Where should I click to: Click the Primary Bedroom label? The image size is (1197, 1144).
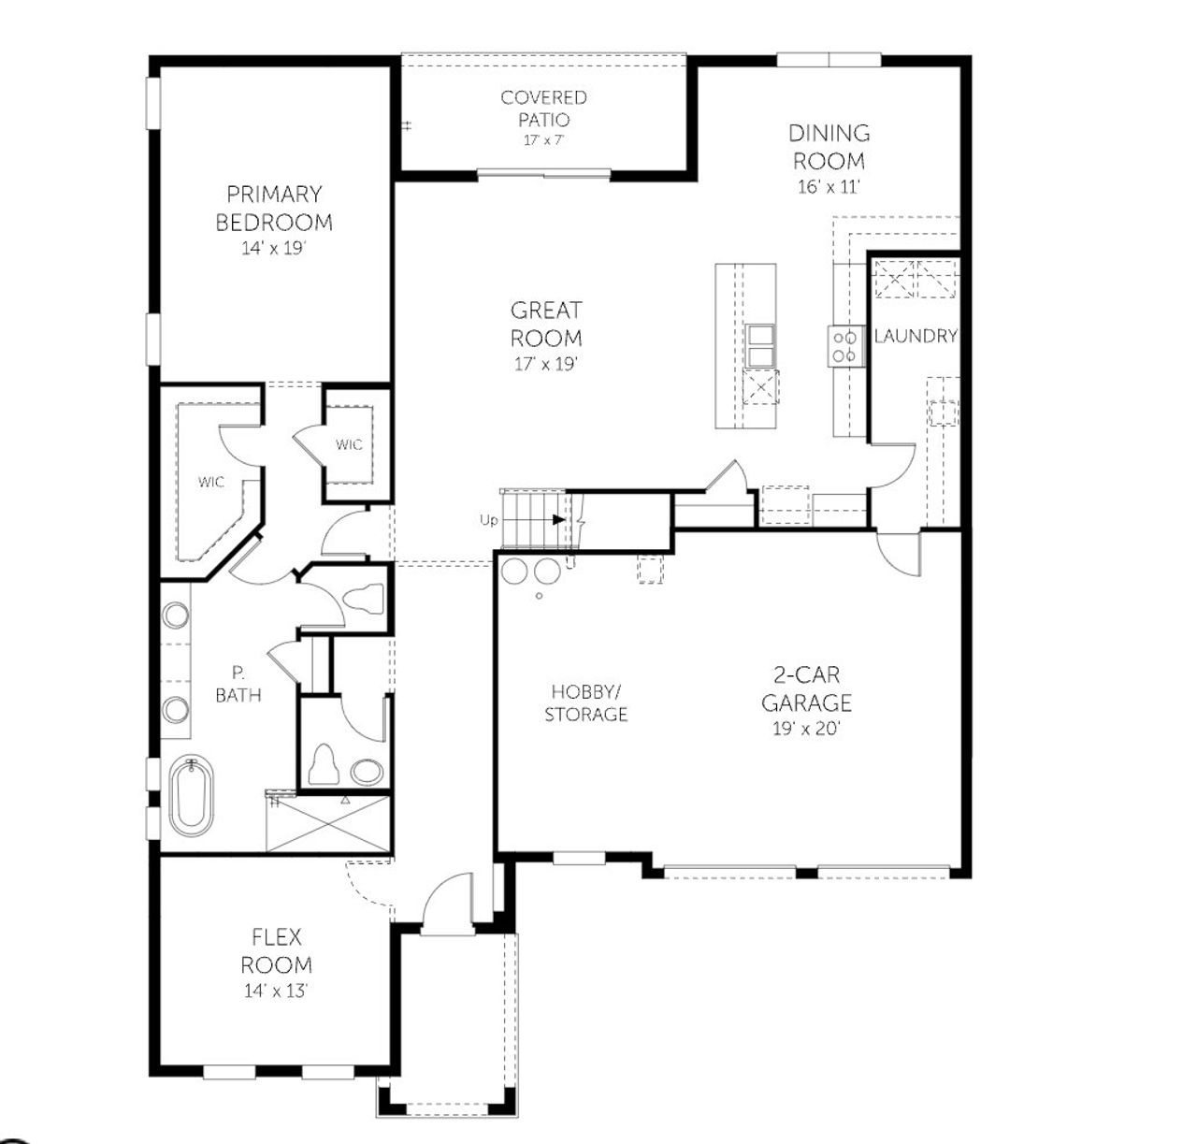point(274,208)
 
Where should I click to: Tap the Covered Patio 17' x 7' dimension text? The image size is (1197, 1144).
point(543,140)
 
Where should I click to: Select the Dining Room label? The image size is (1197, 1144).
point(829,146)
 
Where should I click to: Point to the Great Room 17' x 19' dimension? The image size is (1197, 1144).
point(546,363)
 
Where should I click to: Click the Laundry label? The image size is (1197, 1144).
point(915,336)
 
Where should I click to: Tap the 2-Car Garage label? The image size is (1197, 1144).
point(806,688)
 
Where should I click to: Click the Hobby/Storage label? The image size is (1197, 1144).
point(586,702)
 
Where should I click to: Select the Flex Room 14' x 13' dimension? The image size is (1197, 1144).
point(276,991)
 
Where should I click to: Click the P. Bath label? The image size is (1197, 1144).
point(238,683)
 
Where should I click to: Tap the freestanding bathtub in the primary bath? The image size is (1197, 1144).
point(191,796)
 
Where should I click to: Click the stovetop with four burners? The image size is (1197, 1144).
point(844,346)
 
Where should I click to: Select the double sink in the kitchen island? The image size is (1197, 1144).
point(759,346)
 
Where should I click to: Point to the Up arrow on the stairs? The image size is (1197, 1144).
point(552,520)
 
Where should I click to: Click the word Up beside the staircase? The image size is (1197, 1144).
point(488,521)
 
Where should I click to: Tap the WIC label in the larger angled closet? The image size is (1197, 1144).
point(210,482)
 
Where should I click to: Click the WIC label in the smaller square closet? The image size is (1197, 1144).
point(349,444)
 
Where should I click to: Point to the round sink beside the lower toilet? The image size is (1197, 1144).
point(367,772)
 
